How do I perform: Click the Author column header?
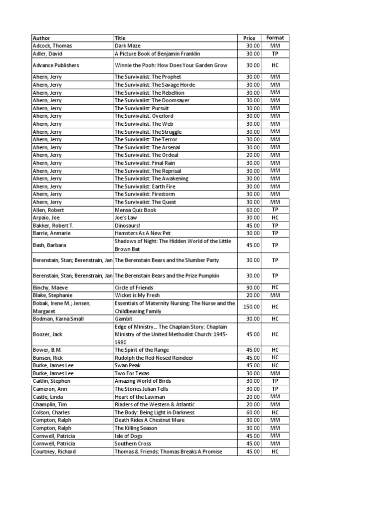click(x=41, y=38)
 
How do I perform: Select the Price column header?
click(x=249, y=38)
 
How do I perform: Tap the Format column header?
click(x=275, y=38)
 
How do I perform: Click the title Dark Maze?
click(x=127, y=46)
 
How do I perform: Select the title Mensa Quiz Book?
click(x=135, y=210)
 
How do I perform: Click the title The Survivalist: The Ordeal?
click(x=148, y=155)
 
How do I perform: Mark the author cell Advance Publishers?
click(x=55, y=65)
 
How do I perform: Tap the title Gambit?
click(x=123, y=318)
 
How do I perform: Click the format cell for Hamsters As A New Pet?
click(x=275, y=233)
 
